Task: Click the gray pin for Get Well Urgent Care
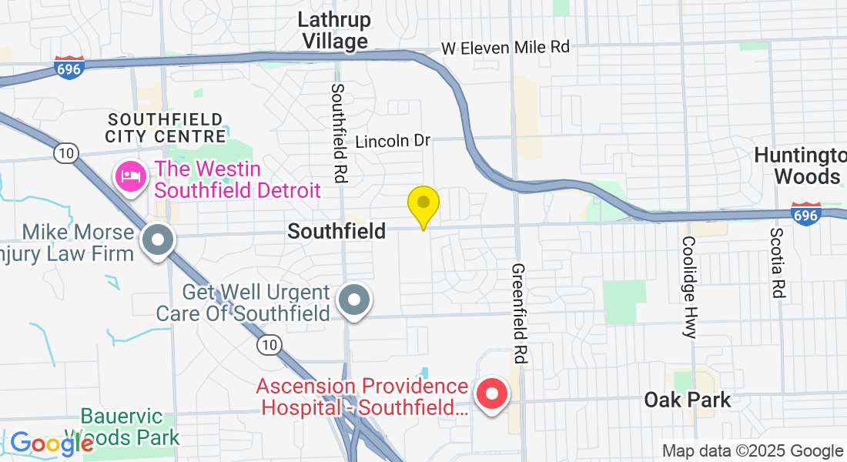(354, 299)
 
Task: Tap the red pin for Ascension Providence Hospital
(491, 394)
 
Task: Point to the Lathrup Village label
(335, 30)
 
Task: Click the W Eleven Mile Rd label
(505, 47)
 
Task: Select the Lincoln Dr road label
(393, 141)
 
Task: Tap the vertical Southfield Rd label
(338, 132)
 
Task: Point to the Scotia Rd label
(778, 263)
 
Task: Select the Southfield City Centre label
(166, 128)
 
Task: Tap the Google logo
(51, 444)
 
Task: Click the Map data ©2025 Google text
(753, 451)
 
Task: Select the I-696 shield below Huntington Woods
(805, 213)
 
